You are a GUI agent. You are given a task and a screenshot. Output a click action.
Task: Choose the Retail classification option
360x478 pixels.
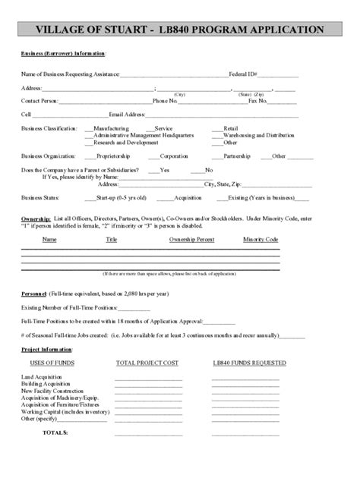230,129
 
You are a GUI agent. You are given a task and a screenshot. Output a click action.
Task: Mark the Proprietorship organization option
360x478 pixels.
112,156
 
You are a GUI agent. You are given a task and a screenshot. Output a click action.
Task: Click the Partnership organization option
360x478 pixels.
237,156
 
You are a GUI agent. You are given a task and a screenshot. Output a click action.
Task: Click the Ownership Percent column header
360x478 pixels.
191,239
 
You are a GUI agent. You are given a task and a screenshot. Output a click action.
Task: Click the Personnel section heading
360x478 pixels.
33,292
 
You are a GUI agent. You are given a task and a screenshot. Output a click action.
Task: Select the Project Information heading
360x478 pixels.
46,349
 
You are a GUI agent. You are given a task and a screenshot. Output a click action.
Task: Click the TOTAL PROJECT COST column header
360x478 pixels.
147,363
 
